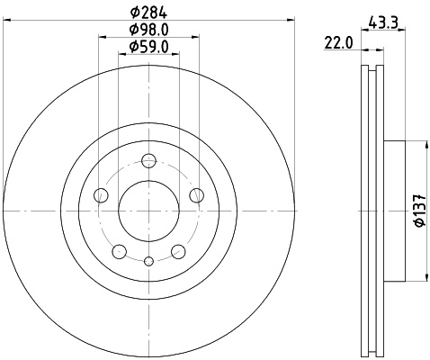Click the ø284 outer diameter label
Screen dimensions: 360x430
(150, 13)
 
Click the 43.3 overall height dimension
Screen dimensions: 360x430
(383, 22)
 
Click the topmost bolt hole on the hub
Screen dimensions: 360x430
(149, 162)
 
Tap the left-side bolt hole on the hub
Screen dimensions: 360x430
(102, 195)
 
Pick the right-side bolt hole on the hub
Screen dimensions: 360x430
(196, 195)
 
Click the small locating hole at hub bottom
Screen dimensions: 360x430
(149, 260)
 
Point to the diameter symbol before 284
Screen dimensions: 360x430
(134, 13)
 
